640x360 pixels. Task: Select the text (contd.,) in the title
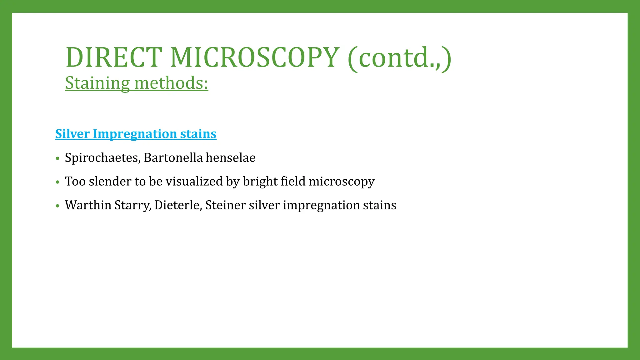tap(399, 58)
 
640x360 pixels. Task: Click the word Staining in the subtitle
tap(97, 83)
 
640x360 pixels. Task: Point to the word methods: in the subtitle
tap(171, 83)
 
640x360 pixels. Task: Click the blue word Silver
tap(72, 134)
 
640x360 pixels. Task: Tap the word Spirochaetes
tap(102, 158)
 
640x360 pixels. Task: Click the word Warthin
tap(88, 205)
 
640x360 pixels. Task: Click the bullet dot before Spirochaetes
tap(57, 158)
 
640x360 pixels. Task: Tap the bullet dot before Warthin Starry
tap(57, 206)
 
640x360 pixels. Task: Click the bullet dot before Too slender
tap(57, 182)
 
